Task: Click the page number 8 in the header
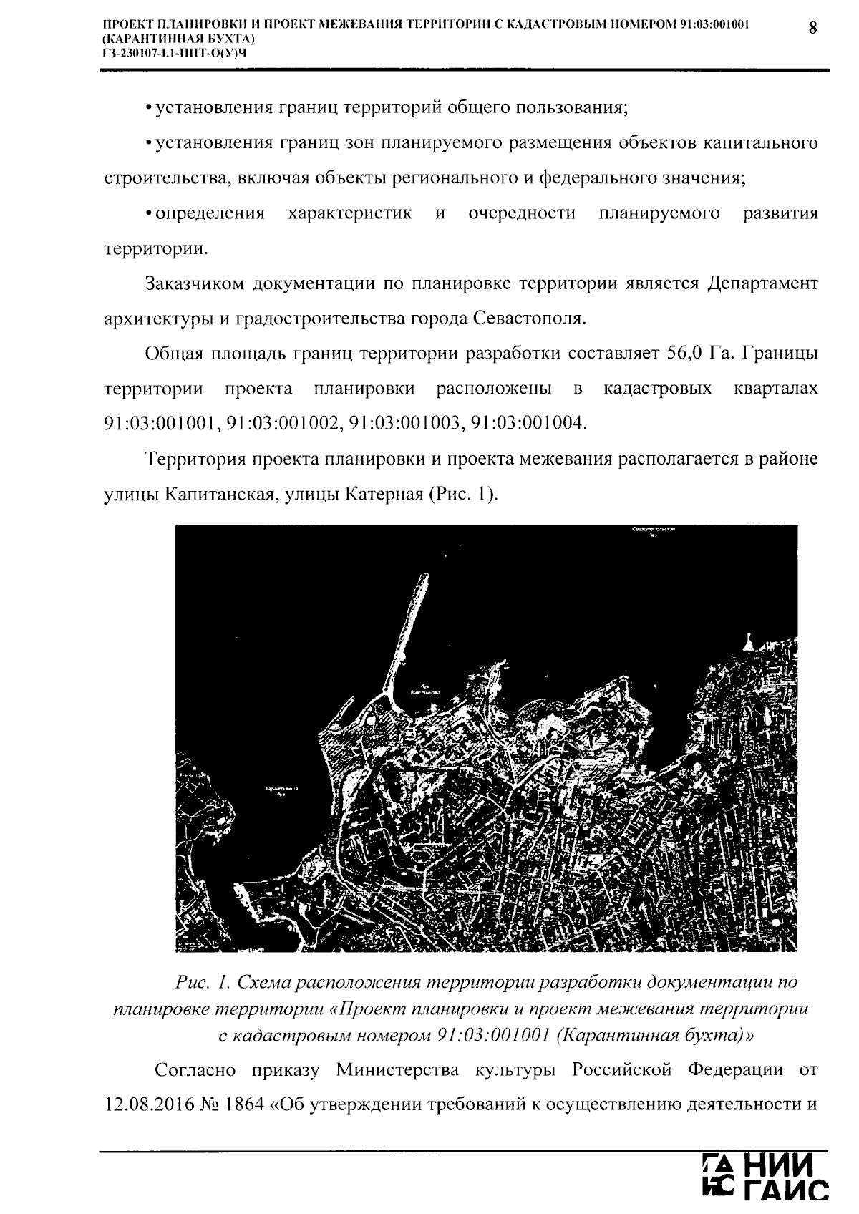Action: [812, 28]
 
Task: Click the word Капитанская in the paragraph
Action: [218, 494]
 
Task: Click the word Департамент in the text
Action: [762, 283]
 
